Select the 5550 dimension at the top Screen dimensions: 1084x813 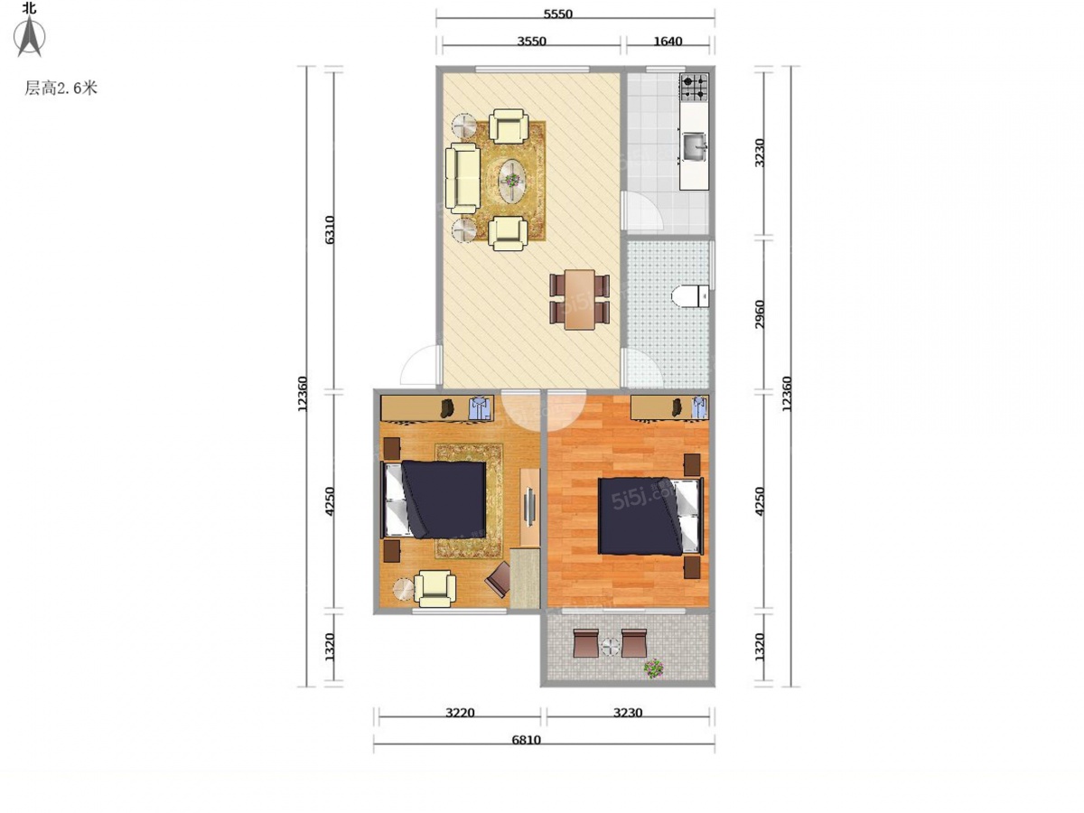click(557, 14)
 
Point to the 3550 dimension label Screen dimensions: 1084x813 click(531, 41)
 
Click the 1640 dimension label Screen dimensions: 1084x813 click(668, 41)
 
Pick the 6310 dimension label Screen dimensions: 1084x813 click(330, 229)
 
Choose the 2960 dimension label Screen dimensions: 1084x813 click(760, 314)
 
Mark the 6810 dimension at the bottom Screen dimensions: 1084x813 click(526, 740)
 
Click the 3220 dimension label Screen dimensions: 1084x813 click(460, 713)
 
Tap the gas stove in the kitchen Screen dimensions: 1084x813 click(694, 88)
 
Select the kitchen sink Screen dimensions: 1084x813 click(695, 146)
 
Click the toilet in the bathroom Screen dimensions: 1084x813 click(689, 295)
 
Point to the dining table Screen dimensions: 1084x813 click(580, 299)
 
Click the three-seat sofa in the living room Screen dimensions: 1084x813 click(463, 179)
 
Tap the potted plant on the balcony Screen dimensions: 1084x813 click(654, 668)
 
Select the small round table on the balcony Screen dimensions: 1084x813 click(611, 646)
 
